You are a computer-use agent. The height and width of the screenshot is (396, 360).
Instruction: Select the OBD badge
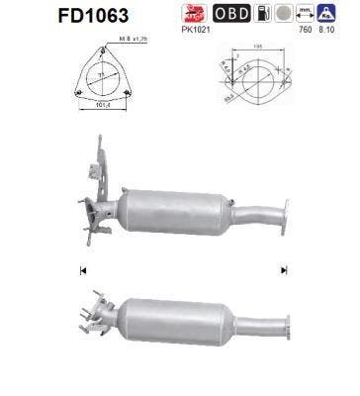(231, 15)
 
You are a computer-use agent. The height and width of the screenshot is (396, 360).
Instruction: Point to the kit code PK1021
(199, 30)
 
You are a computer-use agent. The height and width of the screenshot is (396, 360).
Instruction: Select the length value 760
(306, 30)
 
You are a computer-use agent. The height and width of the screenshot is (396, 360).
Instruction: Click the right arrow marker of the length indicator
(284, 267)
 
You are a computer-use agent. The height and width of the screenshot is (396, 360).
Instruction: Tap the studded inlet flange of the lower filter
(96, 315)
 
